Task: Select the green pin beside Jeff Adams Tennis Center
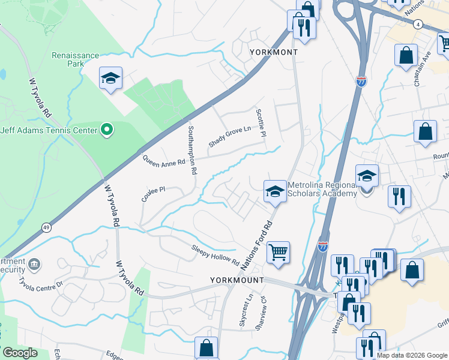[x=107, y=129]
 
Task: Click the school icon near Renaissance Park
[x=110, y=79]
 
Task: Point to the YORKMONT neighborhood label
[x=274, y=53]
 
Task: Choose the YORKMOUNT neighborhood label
[x=237, y=280]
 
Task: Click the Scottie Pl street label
[x=261, y=123]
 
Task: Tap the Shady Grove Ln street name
[x=229, y=137]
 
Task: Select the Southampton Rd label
[x=192, y=150]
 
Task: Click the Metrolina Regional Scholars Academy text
[x=322, y=189]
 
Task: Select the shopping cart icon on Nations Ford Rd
[x=278, y=252]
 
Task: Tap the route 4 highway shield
[x=417, y=23]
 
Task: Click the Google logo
[x=20, y=353]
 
